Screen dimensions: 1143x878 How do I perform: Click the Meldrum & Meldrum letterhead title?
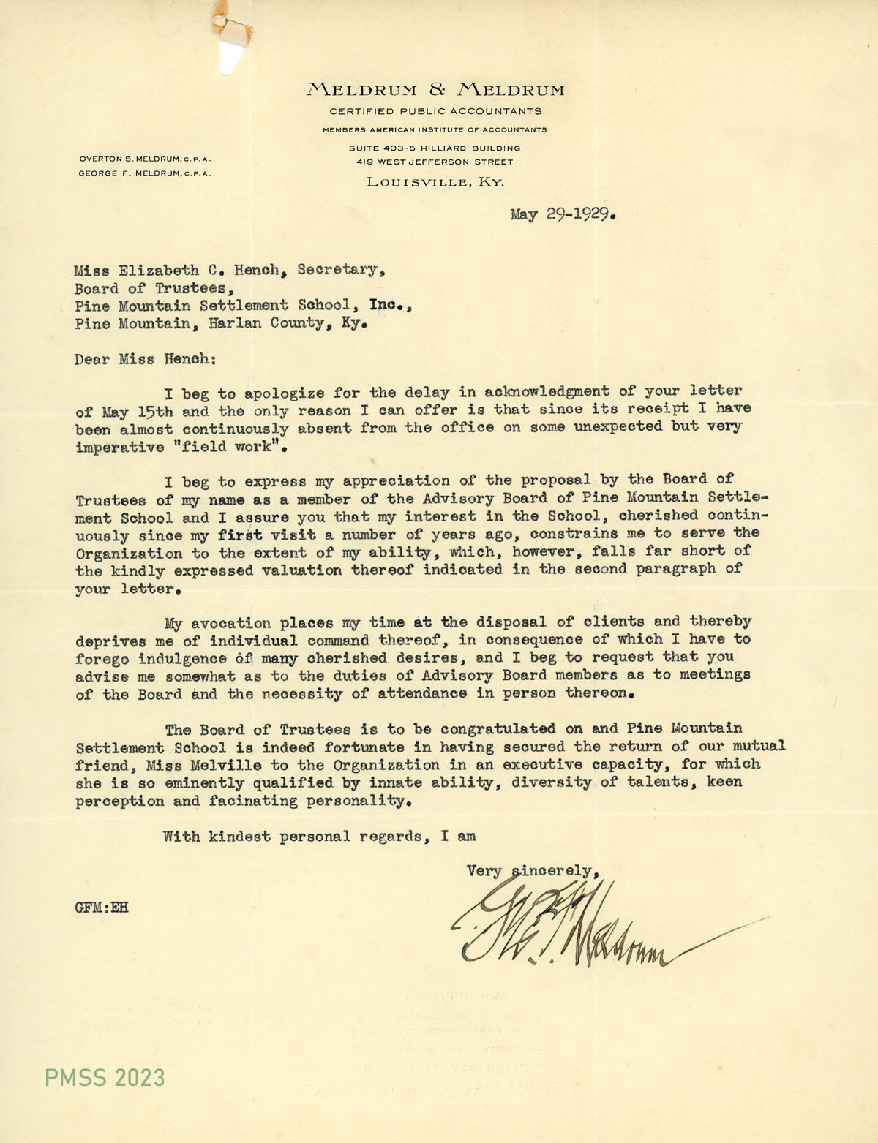(x=435, y=90)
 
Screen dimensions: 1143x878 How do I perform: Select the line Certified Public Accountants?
(x=435, y=112)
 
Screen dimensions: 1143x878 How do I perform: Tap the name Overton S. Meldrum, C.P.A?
(x=145, y=159)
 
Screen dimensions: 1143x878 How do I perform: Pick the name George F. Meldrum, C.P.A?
(x=145, y=173)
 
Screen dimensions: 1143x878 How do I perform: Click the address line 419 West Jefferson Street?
(x=435, y=162)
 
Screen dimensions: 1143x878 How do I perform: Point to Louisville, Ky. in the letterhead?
(x=435, y=182)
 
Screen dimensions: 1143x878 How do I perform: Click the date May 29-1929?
(x=563, y=215)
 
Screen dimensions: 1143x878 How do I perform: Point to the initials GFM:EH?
(x=102, y=908)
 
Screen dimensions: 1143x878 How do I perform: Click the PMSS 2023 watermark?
(x=105, y=1077)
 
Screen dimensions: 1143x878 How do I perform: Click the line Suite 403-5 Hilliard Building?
(x=435, y=148)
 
